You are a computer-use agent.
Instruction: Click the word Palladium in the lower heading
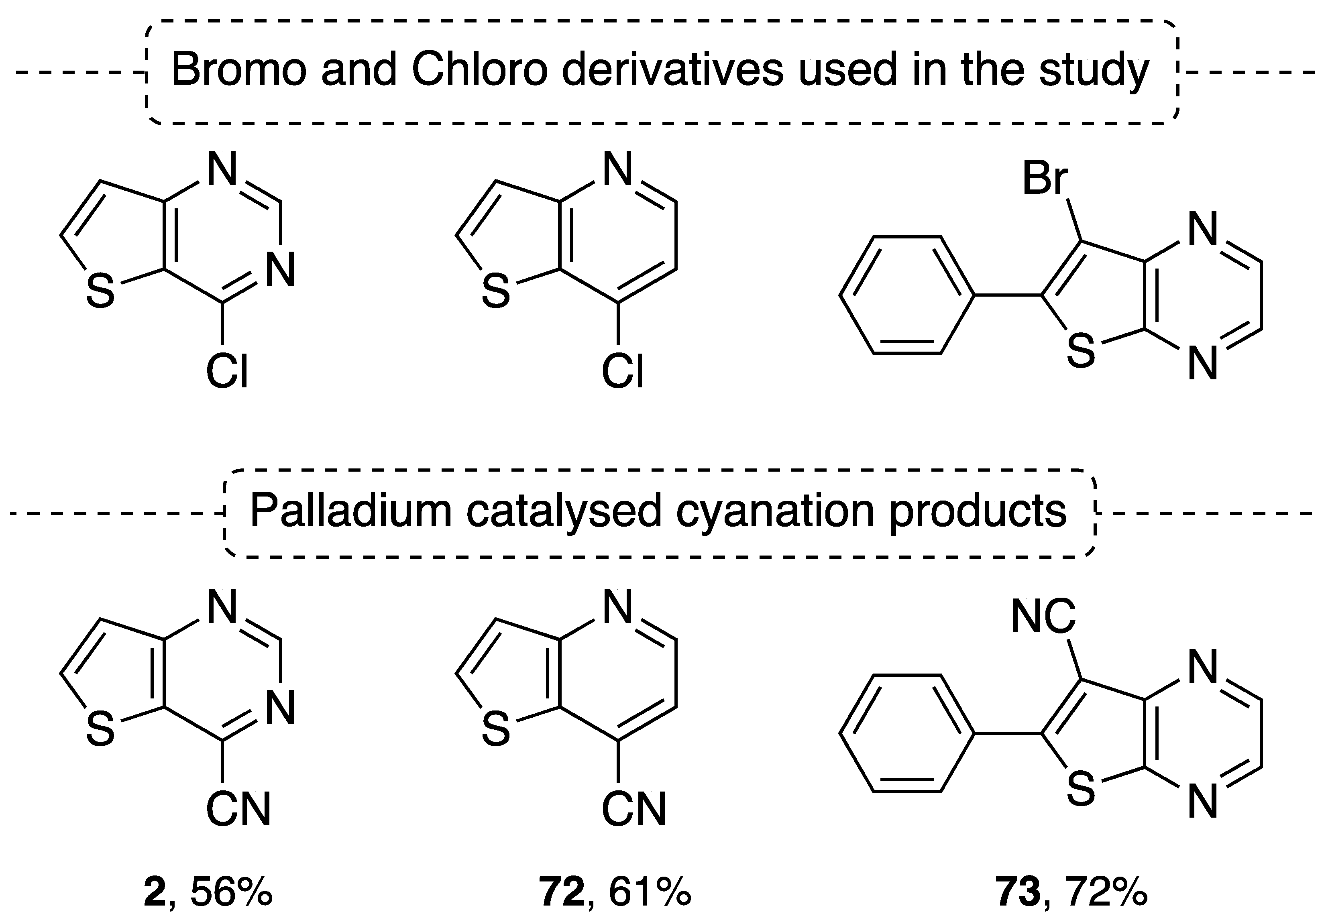tap(351, 510)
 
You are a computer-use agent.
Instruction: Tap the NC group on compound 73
tap(1043, 617)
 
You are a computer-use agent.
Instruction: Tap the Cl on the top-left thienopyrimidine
tap(227, 371)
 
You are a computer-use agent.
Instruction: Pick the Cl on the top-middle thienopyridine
tap(622, 371)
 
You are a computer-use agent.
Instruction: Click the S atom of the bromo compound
tap(1081, 351)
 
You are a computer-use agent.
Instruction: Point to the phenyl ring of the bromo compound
tap(907, 295)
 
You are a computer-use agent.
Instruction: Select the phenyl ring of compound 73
tap(907, 733)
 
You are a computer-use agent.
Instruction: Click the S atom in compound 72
tap(496, 729)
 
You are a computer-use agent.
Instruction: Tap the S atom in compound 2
tap(100, 729)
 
